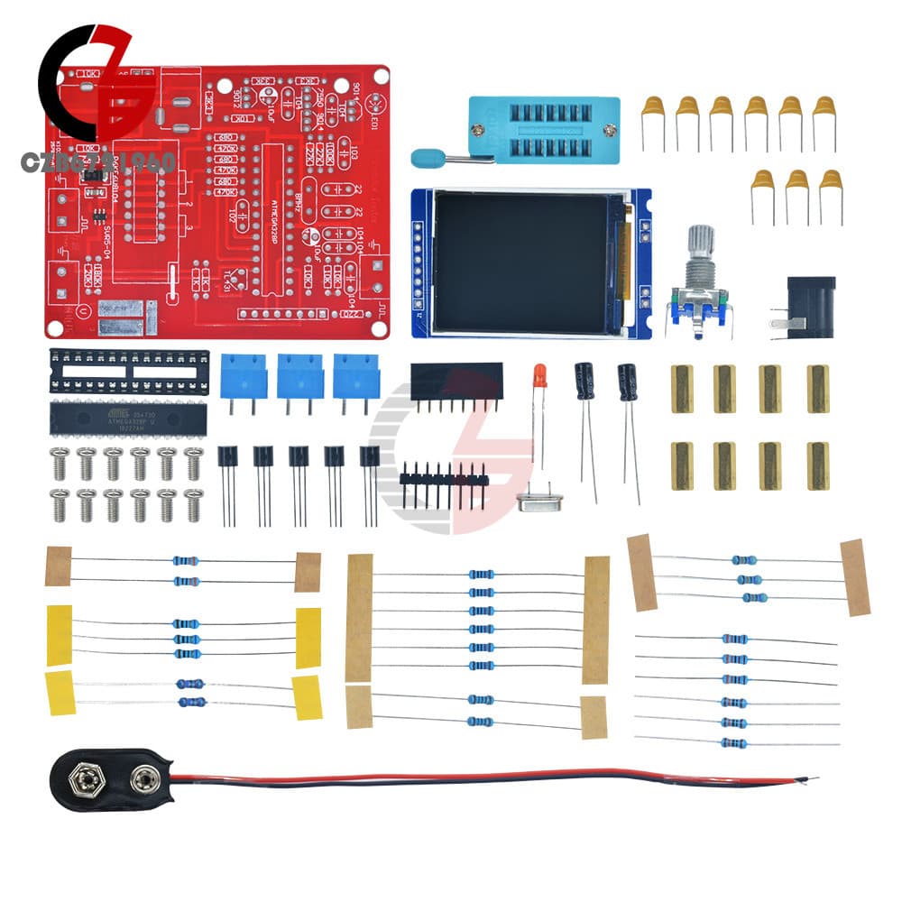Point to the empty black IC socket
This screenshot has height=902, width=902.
129,371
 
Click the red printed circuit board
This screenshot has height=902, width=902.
216,198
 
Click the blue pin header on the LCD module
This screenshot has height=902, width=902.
418,262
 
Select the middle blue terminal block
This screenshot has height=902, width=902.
299,374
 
